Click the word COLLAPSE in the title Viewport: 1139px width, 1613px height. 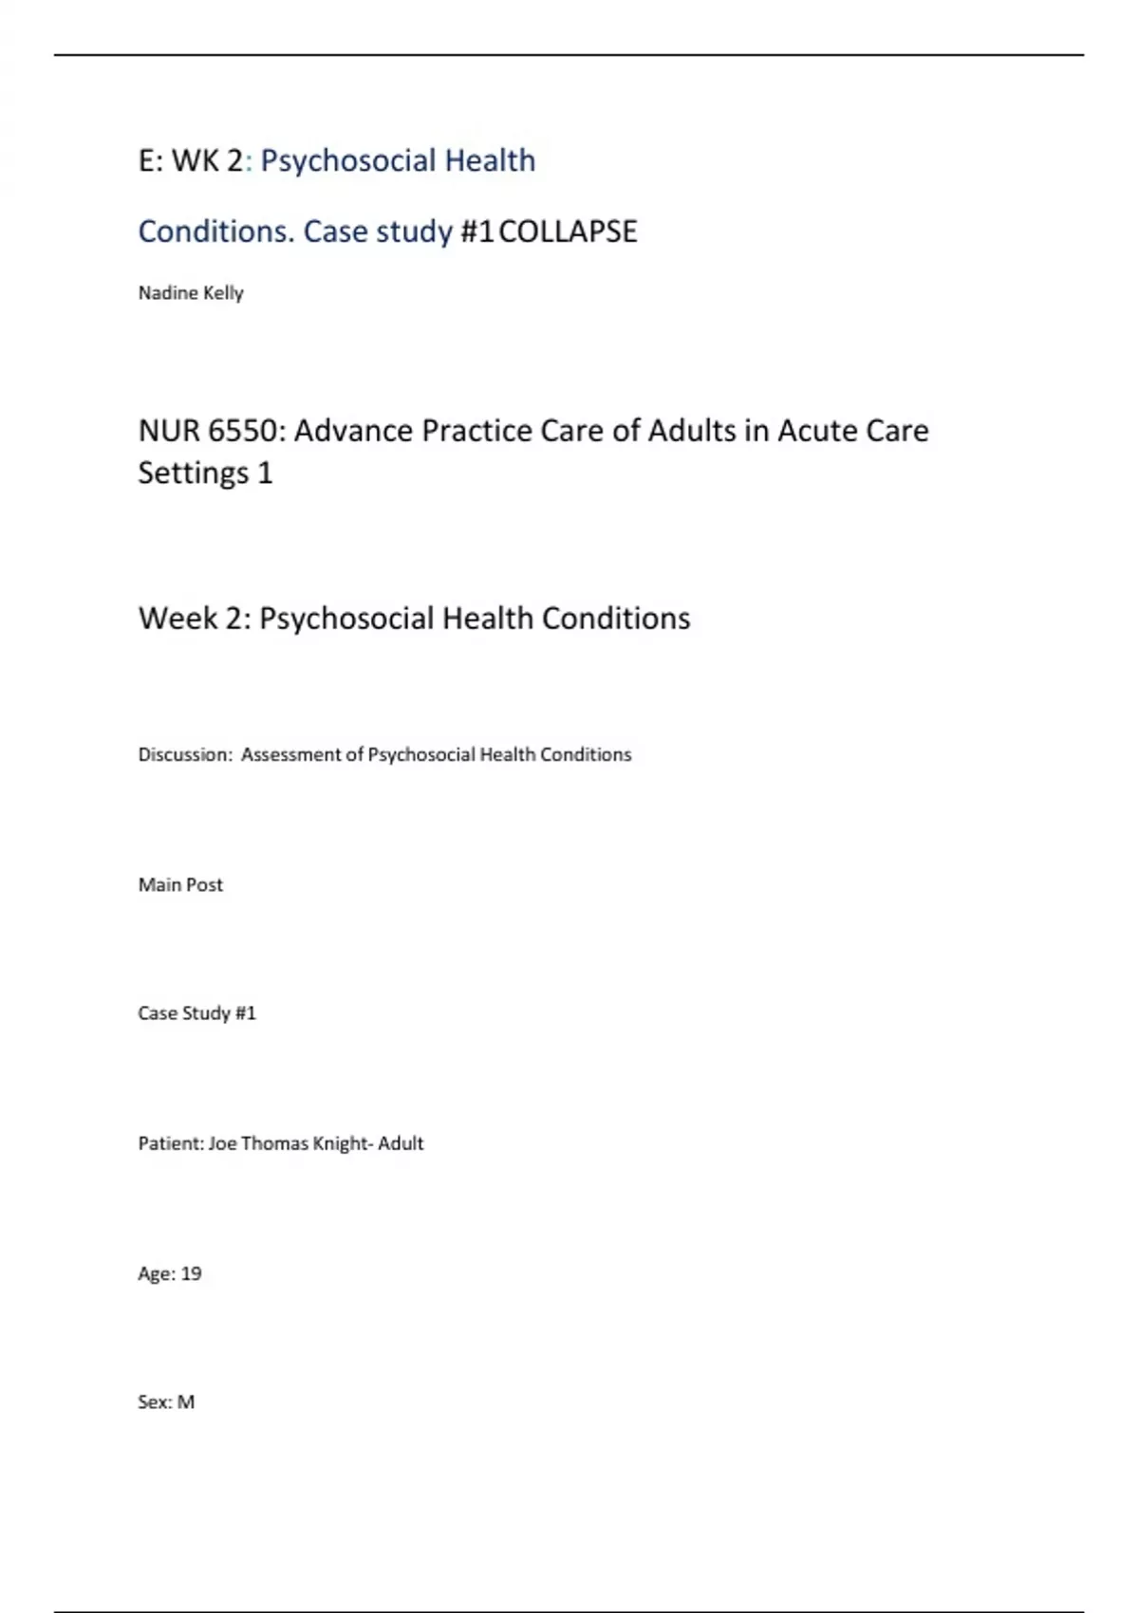[x=568, y=232]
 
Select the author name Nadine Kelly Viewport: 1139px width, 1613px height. [x=191, y=293]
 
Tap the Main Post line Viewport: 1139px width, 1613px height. [x=180, y=885]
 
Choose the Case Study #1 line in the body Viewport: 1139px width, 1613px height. [x=197, y=1013]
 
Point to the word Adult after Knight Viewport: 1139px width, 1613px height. [x=401, y=1143]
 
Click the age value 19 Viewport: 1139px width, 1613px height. [x=191, y=1273]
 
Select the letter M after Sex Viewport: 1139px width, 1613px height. [x=186, y=1402]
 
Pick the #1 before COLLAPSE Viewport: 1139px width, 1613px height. [x=476, y=232]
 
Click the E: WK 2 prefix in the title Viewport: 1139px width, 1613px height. [x=191, y=161]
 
